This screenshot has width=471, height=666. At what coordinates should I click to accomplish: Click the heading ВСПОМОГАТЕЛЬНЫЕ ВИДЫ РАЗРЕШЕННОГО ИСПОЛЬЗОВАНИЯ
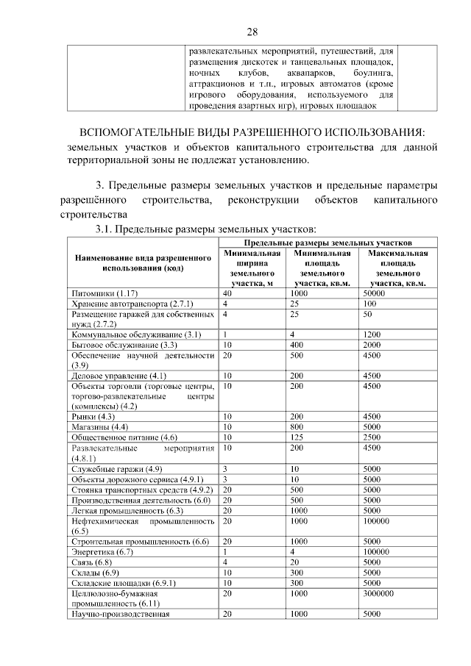coord(252,132)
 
